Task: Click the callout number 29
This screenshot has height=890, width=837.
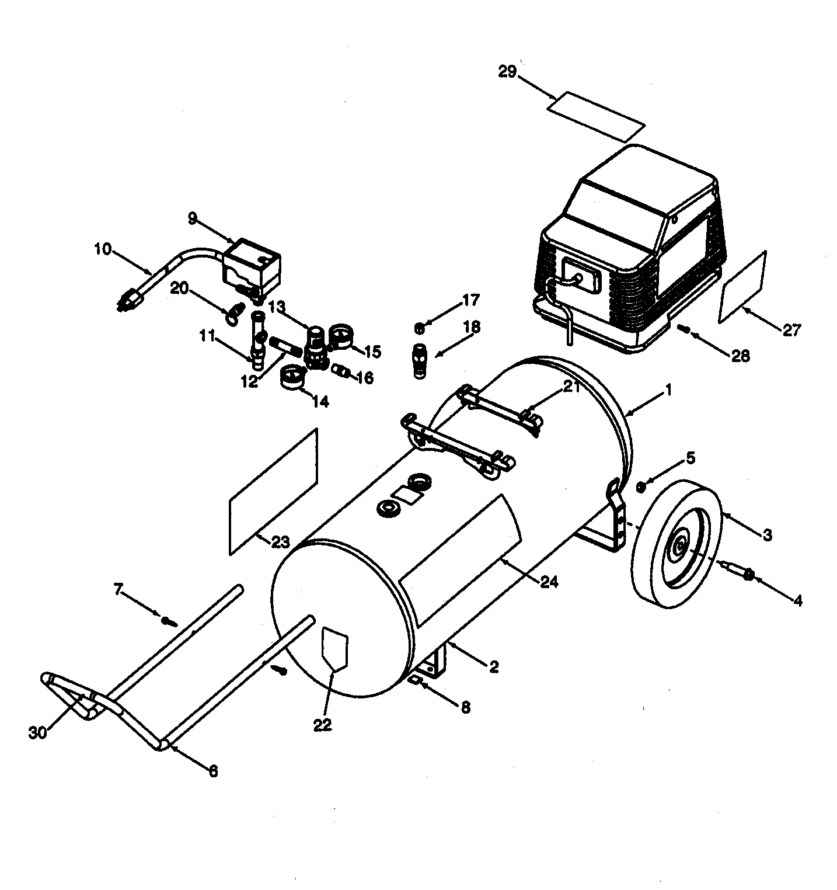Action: coord(507,72)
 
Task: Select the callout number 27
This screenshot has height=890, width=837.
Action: coord(792,329)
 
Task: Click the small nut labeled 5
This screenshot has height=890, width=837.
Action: coord(641,486)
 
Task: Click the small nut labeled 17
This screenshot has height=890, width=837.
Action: coord(418,329)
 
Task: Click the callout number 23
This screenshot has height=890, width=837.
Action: coord(280,541)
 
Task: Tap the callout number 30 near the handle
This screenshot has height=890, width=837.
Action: coord(37,733)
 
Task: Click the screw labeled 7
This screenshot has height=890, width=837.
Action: coord(169,620)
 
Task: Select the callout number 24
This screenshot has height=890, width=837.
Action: coord(550,582)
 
